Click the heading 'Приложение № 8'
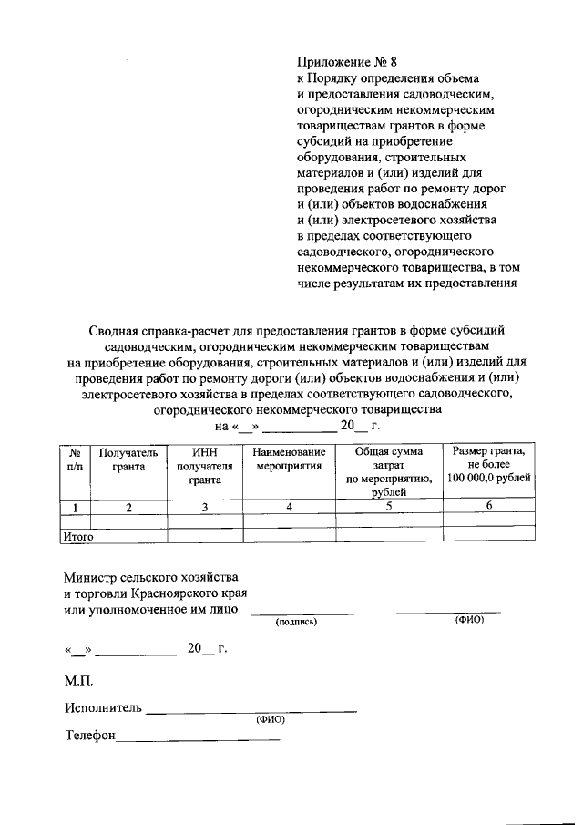347,63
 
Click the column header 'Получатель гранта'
128,459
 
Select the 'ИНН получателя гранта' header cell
205,465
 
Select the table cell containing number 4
289,508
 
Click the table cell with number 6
489,507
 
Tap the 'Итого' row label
78,537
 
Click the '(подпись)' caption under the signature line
296,622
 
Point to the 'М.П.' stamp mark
78,680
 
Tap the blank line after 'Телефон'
198,738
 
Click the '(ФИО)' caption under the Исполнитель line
271,719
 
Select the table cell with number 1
74,508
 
